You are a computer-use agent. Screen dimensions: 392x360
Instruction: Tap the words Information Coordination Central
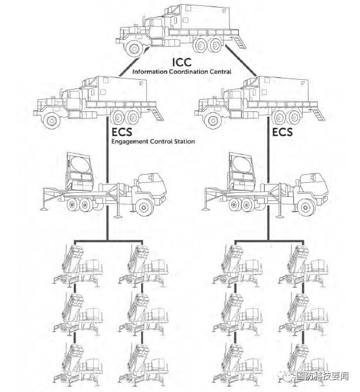coord(181,71)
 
